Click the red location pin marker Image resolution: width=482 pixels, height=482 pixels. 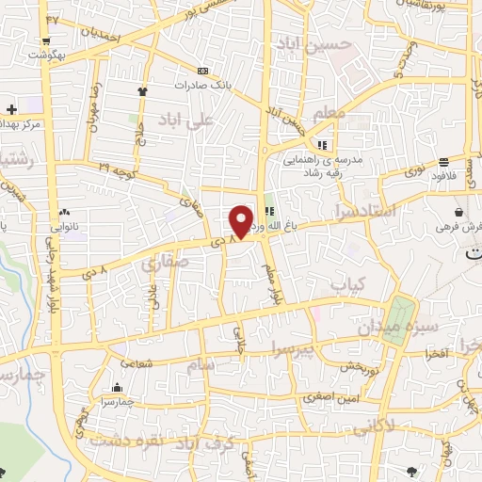click(x=242, y=220)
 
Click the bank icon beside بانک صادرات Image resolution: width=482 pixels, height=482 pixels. click(x=202, y=71)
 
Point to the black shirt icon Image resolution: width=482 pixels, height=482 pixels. click(x=143, y=91)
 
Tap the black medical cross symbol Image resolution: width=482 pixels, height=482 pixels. click(x=10, y=110)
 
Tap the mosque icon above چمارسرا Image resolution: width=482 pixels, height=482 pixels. click(x=117, y=388)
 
